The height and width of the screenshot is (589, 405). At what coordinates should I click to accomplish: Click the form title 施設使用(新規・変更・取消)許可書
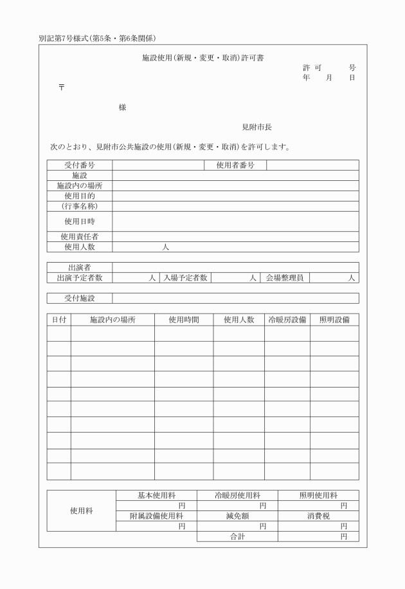point(202,58)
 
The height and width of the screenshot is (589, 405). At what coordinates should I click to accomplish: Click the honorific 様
point(122,108)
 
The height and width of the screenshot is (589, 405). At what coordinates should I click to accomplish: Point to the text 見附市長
point(256,127)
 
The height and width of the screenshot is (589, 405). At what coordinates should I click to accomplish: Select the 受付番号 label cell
point(80,165)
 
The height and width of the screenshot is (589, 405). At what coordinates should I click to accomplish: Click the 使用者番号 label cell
point(235,165)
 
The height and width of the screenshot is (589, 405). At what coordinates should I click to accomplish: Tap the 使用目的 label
point(80,196)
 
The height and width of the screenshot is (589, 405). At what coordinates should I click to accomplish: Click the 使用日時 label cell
point(80,221)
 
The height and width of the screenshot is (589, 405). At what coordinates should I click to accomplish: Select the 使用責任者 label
point(80,237)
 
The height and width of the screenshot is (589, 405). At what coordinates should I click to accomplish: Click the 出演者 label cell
point(80,267)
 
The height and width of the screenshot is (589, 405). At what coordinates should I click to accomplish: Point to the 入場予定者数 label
point(184,278)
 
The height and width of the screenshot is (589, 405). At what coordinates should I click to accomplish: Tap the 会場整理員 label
point(285,278)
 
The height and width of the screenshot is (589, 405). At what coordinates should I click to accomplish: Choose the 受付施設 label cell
point(80,298)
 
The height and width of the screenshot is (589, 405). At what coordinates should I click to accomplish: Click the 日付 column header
point(59,319)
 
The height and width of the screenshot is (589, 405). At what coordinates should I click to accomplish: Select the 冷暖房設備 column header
point(287,319)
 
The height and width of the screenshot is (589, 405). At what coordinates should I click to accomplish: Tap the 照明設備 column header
point(334,319)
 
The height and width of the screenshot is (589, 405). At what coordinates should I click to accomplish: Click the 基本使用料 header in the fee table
point(156,496)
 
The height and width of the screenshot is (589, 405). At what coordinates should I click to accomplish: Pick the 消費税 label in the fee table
point(318,516)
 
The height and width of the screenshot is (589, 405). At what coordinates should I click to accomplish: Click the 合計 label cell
point(237,536)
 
